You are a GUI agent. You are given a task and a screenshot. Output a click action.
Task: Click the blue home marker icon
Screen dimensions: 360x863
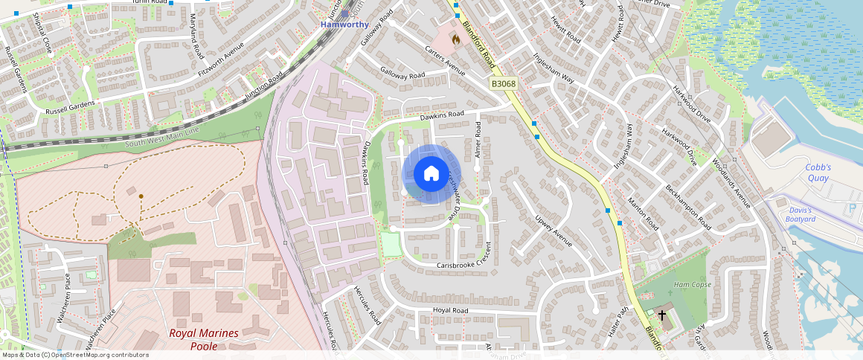431,173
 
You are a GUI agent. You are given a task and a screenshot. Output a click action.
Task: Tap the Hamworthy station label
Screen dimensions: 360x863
344,25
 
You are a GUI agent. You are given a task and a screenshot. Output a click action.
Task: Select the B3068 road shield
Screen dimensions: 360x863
504,85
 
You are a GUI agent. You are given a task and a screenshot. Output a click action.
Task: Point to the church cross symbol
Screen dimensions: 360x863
662,315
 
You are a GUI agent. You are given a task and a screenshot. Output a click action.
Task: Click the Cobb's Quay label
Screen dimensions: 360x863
818,173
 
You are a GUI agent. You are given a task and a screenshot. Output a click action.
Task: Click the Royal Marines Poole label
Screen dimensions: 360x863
203,339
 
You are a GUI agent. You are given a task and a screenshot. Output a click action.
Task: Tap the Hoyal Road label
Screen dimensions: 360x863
451,311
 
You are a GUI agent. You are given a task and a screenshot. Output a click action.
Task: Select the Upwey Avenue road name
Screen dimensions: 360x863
554,231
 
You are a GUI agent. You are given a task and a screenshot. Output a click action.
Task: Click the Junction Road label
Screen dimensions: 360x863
266,87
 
